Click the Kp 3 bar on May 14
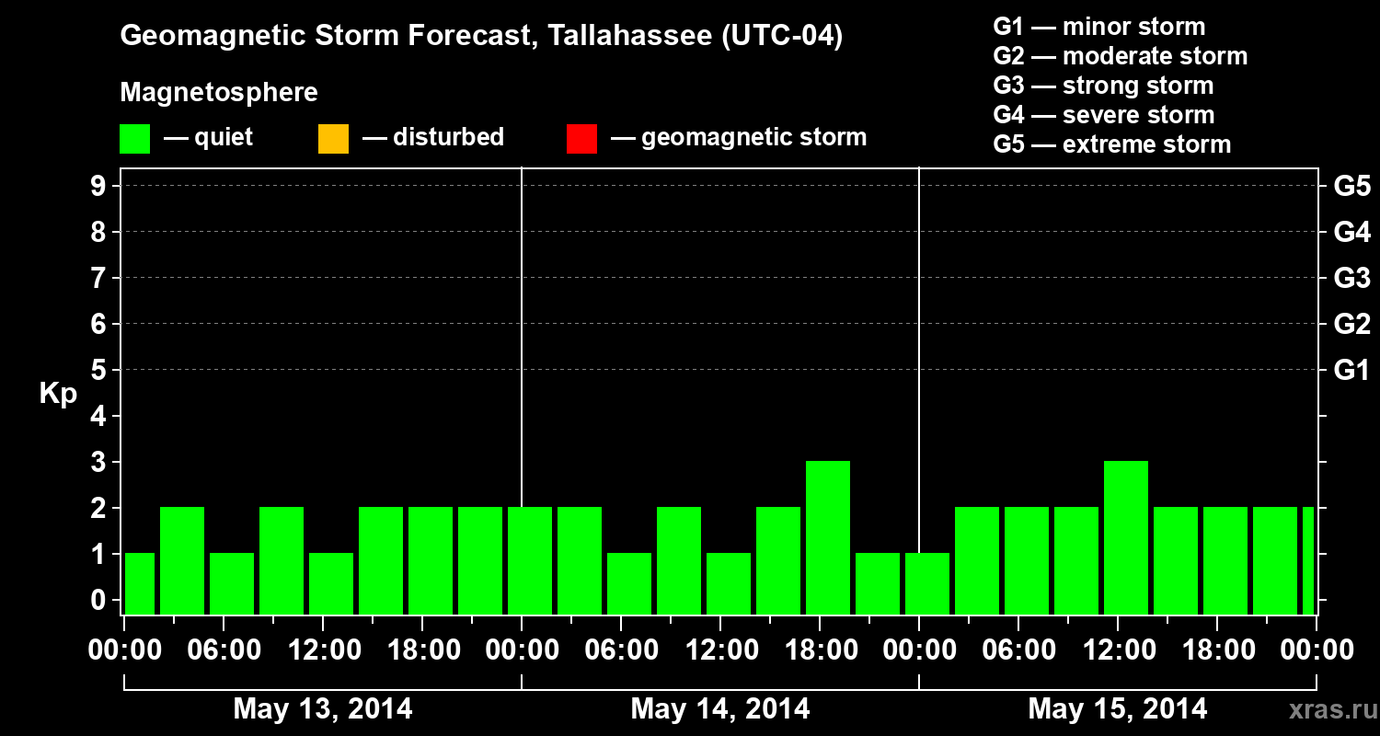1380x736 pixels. pos(827,537)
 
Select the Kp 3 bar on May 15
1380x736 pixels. pos(1125,537)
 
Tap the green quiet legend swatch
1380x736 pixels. pos(134,139)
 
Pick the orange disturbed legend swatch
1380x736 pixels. pos(333,139)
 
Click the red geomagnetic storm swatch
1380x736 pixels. pos(581,139)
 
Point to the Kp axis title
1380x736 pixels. pos(58,394)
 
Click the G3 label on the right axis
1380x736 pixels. pos(1351,278)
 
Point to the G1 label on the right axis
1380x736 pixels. pos(1351,371)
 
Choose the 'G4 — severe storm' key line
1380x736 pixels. pos(1103,115)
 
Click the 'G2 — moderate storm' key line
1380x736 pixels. pos(1120,56)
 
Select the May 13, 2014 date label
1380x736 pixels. pos(323,708)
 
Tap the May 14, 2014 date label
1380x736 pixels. pos(720,708)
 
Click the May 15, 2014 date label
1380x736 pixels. pos(1117,708)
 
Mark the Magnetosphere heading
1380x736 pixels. pos(219,93)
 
